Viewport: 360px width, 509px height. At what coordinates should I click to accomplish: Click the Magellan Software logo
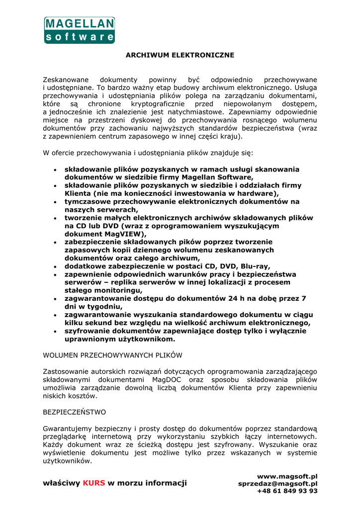(x=80, y=30)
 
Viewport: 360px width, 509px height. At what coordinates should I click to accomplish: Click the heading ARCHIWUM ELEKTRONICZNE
(x=180, y=55)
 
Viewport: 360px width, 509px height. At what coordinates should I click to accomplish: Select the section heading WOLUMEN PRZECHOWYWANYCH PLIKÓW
(x=113, y=355)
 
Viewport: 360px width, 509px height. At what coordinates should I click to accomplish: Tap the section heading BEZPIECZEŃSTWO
(x=75, y=412)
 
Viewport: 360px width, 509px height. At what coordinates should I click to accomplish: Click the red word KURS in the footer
(x=94, y=483)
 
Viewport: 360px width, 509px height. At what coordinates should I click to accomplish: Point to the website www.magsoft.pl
(x=287, y=476)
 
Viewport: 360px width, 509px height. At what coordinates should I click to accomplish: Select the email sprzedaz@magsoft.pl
(x=278, y=484)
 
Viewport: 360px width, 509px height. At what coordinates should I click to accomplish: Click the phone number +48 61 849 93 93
(x=287, y=491)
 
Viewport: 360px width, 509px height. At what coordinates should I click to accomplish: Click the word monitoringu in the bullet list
(x=118, y=290)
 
